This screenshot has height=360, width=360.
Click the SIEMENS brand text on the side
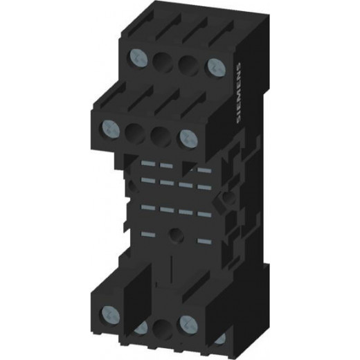[239, 93]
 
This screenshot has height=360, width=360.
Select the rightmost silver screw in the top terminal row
[216, 67]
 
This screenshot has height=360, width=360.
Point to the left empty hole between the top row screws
[163, 62]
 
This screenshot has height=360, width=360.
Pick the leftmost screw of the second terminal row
[109, 128]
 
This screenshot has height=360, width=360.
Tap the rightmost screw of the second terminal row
[189, 138]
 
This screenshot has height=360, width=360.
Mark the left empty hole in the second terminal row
[135, 132]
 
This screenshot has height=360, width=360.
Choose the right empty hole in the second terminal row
[161, 135]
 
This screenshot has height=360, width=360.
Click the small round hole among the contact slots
[176, 235]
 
